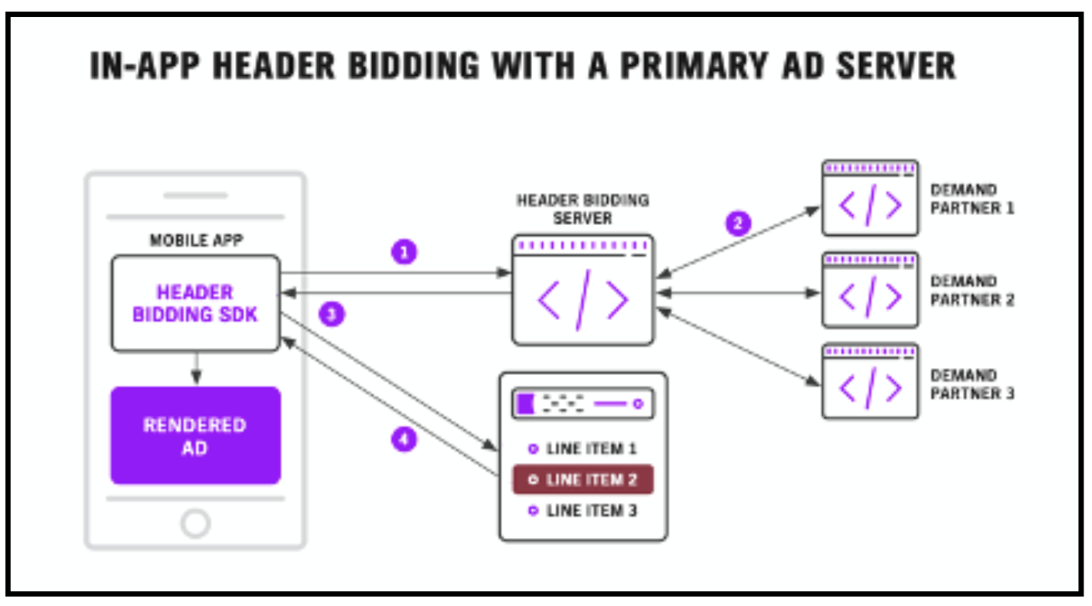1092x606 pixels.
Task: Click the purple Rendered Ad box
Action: (195, 435)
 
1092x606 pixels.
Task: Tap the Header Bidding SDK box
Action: (195, 303)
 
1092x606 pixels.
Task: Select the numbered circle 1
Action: (404, 252)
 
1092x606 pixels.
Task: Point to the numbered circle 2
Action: (737, 223)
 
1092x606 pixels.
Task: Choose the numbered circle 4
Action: (404, 440)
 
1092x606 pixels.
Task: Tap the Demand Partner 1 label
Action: (971, 199)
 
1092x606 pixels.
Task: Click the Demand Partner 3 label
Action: (971, 384)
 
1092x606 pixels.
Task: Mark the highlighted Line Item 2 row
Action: (583, 479)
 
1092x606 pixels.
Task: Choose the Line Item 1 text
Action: (591, 448)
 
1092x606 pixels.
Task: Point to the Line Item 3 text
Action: (591, 511)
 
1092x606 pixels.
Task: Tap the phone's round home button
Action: (195, 523)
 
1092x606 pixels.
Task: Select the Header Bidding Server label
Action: (582, 209)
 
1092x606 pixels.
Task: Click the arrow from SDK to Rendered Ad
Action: (196, 369)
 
